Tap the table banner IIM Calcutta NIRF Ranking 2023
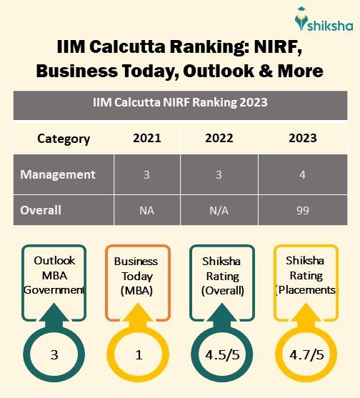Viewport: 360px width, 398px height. tap(180, 102)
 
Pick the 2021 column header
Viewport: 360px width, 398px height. tap(147, 138)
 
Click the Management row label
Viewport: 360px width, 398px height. tap(58, 174)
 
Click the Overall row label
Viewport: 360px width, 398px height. tap(41, 211)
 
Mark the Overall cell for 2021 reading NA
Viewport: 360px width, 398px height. tap(147, 211)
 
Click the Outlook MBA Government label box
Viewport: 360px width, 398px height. tap(54, 275)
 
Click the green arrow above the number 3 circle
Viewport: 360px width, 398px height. tap(55, 319)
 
